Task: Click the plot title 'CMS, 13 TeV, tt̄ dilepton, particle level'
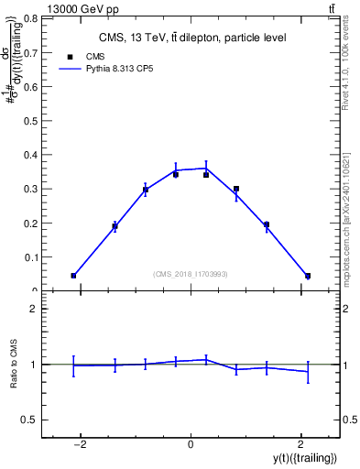click(x=191, y=38)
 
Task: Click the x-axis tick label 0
click(x=191, y=444)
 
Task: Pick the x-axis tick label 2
click(x=300, y=444)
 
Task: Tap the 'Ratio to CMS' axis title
click(x=14, y=364)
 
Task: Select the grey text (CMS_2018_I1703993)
click(x=191, y=273)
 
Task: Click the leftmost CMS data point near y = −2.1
click(x=73, y=276)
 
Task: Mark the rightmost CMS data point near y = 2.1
click(x=308, y=276)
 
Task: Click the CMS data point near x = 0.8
click(x=236, y=189)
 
